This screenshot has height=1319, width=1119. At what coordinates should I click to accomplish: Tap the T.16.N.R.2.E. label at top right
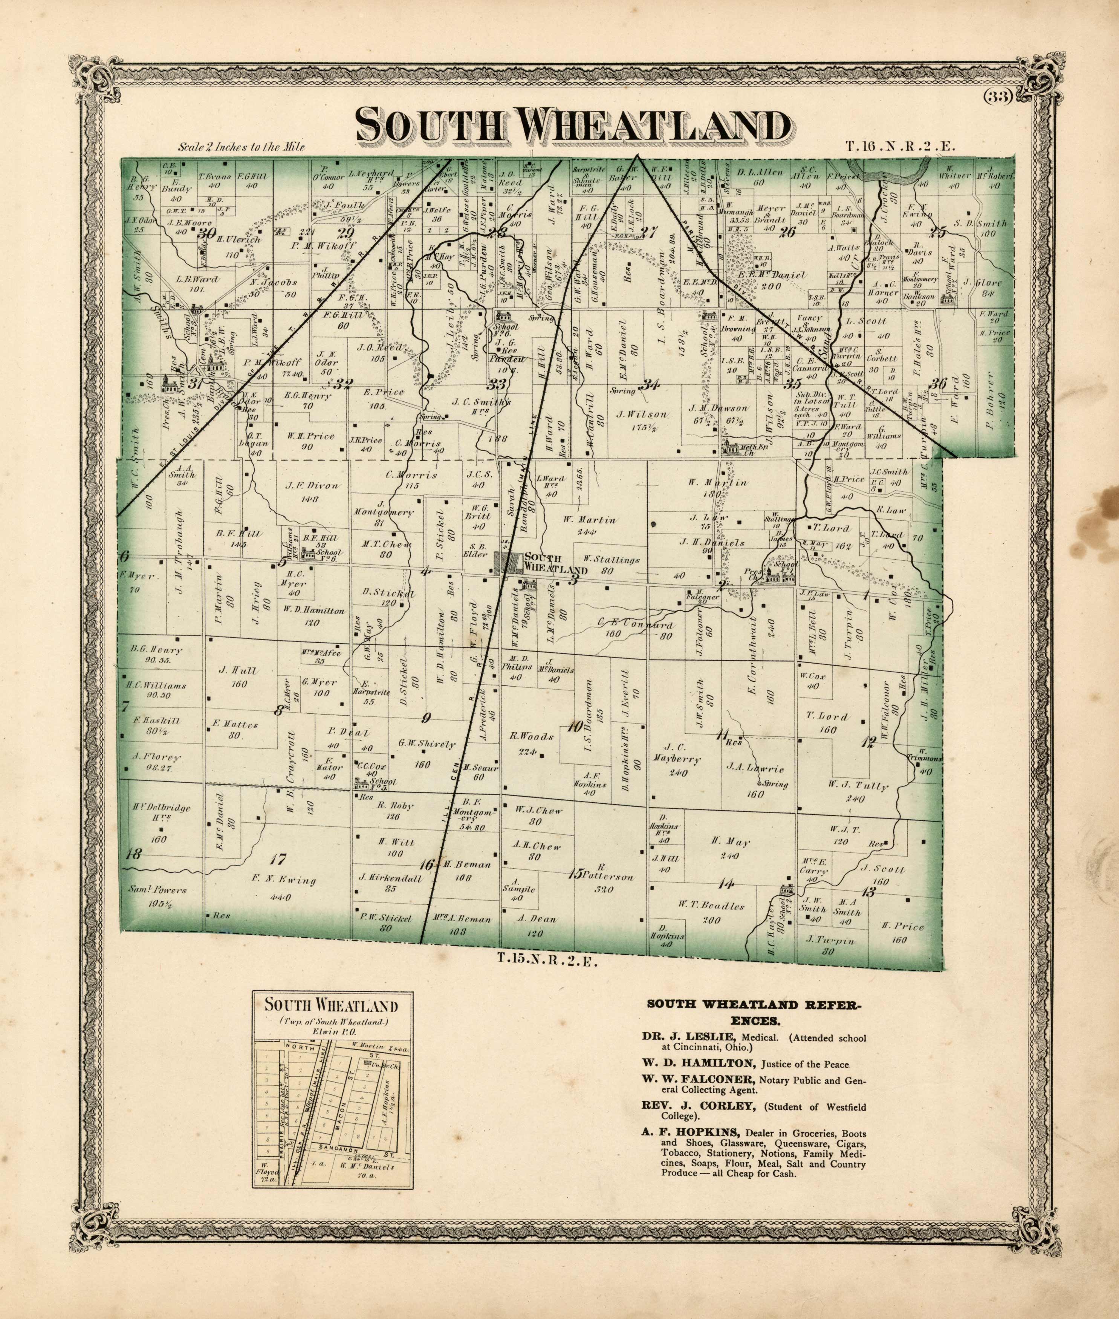[x=899, y=146]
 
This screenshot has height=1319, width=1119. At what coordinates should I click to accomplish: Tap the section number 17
[x=277, y=860]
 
